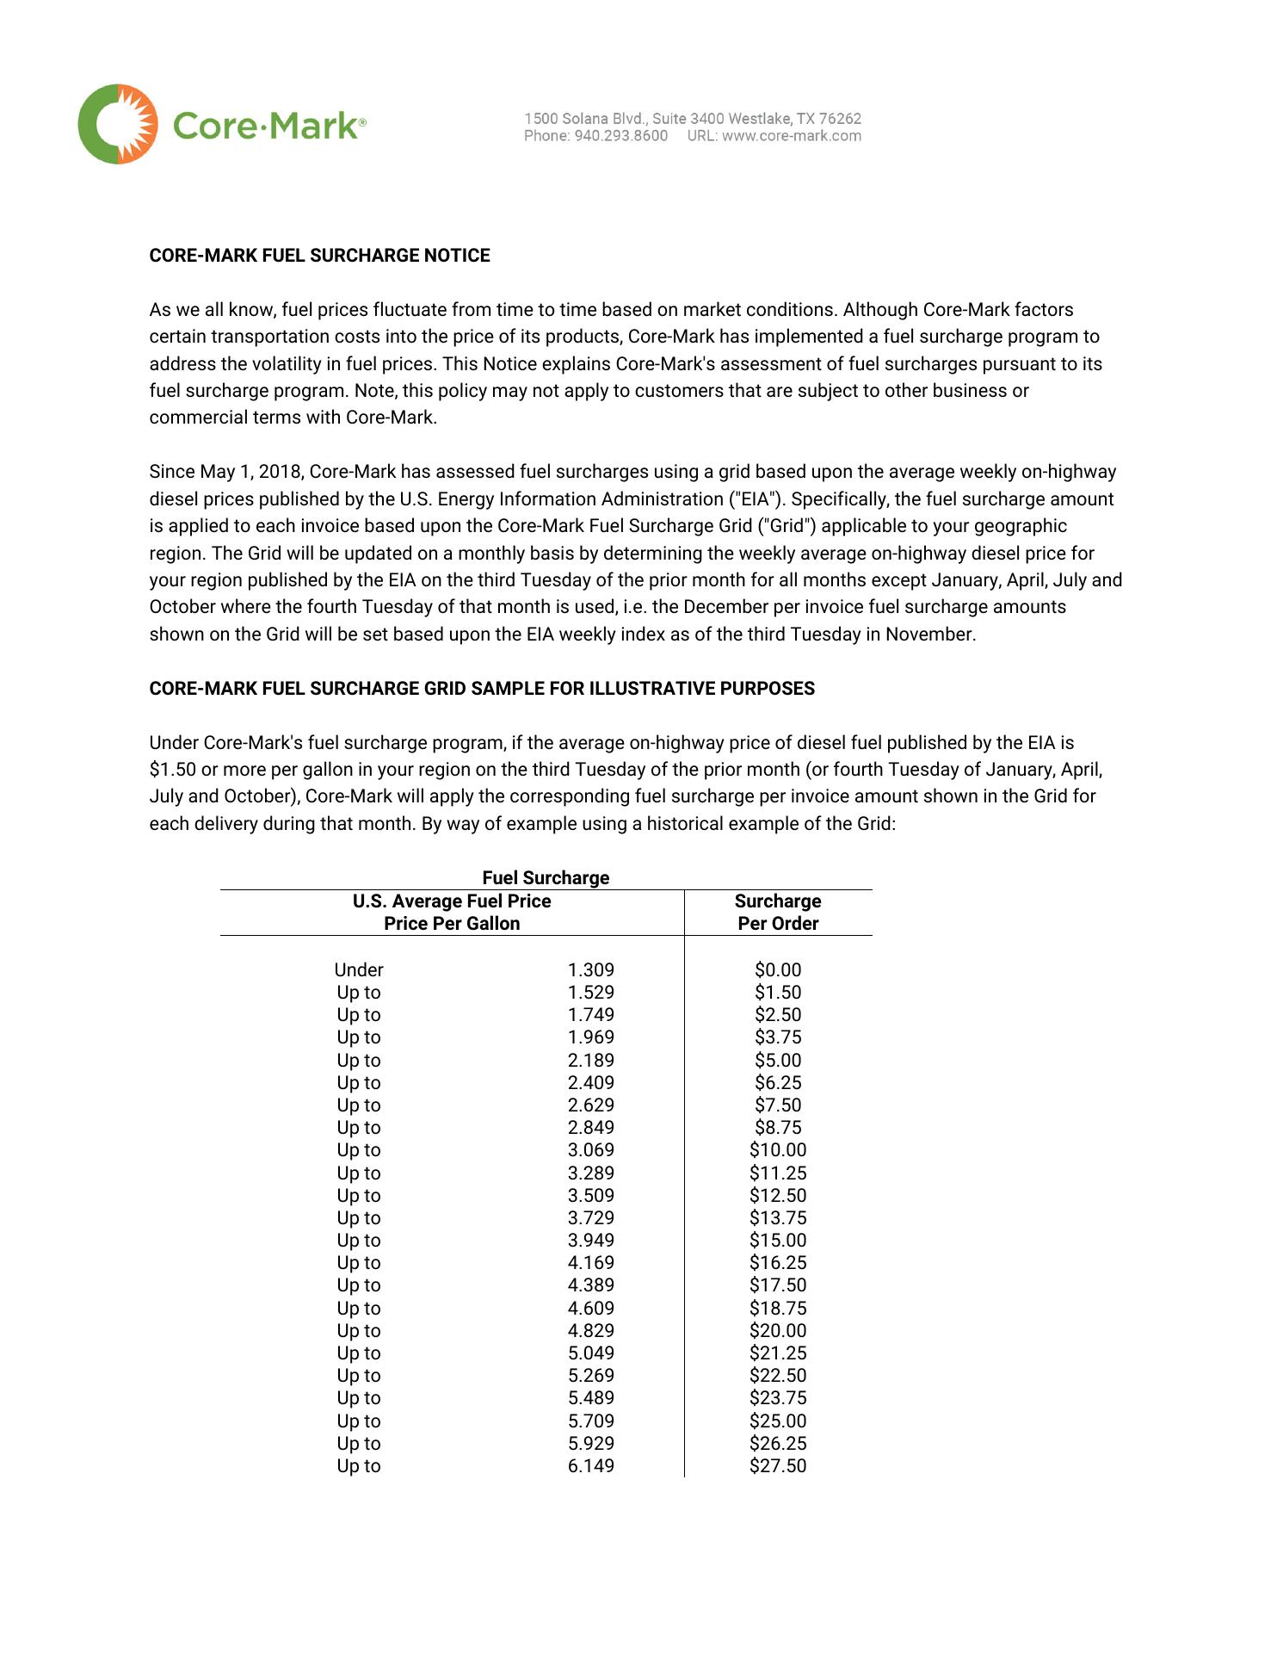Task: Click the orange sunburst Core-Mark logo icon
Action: coord(118,125)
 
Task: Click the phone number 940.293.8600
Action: coord(620,136)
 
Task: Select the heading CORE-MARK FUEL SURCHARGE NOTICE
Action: coord(319,256)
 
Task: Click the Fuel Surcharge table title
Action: coord(546,877)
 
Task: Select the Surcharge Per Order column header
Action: coord(778,913)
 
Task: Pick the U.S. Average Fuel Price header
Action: coord(452,901)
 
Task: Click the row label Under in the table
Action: coord(359,970)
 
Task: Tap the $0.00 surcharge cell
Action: coord(778,970)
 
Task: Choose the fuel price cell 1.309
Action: coord(591,970)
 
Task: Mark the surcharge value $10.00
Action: coord(778,1150)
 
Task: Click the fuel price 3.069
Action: coord(591,1150)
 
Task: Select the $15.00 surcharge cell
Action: coord(778,1241)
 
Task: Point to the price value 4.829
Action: coord(591,1331)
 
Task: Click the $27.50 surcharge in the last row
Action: coord(778,1466)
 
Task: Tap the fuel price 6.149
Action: coord(591,1466)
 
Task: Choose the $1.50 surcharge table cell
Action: coord(778,993)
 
